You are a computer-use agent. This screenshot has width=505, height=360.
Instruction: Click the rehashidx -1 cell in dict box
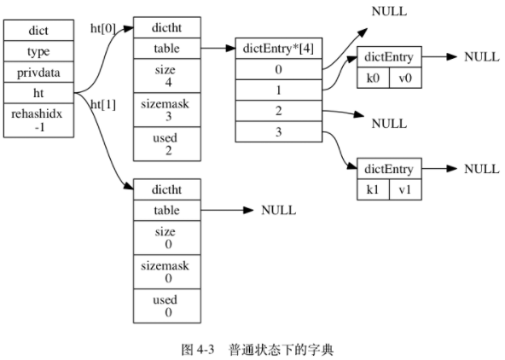[38, 119]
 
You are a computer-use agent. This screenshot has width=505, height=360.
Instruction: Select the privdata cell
[38, 72]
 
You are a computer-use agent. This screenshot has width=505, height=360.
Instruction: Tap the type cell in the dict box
[38, 51]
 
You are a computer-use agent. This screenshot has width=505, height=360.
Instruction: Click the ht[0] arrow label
[102, 28]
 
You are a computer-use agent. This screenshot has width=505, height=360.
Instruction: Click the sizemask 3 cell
[166, 109]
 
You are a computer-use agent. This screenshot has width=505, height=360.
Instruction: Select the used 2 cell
[166, 142]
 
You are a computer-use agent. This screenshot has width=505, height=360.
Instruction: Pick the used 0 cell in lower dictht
[166, 305]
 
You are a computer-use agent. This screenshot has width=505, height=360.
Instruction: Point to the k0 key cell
[373, 78]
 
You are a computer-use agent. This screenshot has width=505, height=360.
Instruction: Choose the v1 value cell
[404, 190]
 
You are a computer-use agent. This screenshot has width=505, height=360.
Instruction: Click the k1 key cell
[373, 190]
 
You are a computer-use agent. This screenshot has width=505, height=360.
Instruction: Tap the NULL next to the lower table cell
[278, 210]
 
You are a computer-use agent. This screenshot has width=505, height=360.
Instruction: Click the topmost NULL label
[389, 12]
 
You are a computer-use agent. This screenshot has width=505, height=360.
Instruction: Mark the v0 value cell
[404, 78]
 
